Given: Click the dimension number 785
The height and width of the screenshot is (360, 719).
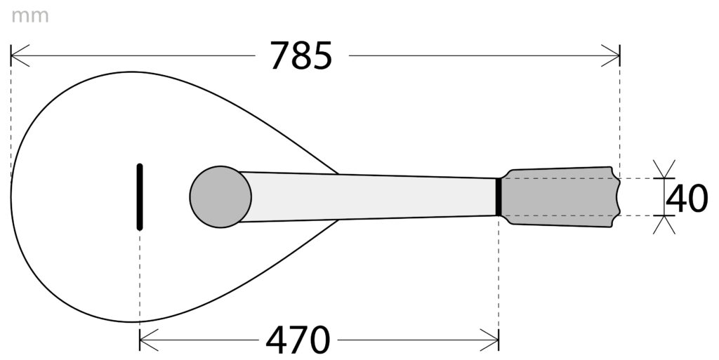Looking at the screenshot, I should pyautogui.click(x=301, y=55).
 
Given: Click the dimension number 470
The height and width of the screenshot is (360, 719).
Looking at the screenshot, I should pyautogui.click(x=298, y=341).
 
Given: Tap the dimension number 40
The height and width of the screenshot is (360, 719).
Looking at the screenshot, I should pyautogui.click(x=687, y=199).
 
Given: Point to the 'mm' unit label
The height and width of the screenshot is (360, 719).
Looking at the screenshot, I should pyautogui.click(x=29, y=16).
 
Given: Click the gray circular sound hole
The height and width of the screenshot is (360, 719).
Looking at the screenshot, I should pyautogui.click(x=220, y=196).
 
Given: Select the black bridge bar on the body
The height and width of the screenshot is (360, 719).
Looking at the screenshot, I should pyautogui.click(x=140, y=196).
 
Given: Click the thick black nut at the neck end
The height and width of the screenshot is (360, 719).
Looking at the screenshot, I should pyautogui.click(x=499, y=196).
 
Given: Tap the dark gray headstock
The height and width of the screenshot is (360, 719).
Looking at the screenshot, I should pyautogui.click(x=562, y=196).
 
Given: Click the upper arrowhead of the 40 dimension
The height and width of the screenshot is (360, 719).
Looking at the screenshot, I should pyautogui.click(x=664, y=173).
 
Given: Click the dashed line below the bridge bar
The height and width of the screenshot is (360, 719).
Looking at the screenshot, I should pyautogui.click(x=140, y=281).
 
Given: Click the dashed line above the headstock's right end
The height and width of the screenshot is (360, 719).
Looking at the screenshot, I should pyautogui.click(x=619, y=112).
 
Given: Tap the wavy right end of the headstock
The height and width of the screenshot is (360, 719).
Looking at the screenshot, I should pyautogui.click(x=618, y=196).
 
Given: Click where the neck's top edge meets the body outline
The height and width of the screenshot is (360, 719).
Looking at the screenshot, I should pyautogui.click(x=338, y=173).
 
